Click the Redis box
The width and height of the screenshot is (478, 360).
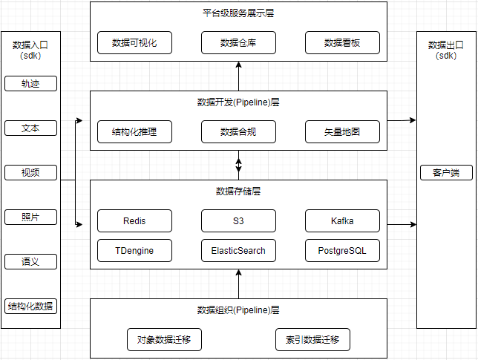(x=134, y=220)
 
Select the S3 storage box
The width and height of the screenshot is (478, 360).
(x=238, y=220)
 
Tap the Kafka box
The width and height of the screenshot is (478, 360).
(x=342, y=220)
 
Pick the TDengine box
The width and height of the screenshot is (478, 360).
(x=134, y=250)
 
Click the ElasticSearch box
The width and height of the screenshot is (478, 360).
(x=238, y=250)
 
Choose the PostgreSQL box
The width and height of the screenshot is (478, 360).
(x=342, y=250)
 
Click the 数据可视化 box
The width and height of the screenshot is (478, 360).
(x=134, y=43)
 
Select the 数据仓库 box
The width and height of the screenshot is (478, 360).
(x=238, y=43)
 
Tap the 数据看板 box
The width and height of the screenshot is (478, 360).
(x=342, y=43)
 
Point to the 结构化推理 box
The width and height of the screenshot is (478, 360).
(x=134, y=132)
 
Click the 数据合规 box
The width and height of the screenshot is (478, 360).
(x=238, y=132)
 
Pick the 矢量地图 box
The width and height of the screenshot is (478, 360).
(x=342, y=132)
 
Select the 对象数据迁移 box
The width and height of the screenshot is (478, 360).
(x=164, y=340)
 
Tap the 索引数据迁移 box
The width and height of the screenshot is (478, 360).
(x=312, y=340)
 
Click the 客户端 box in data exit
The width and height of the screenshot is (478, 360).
(x=446, y=173)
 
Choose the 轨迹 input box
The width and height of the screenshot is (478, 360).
(x=30, y=83)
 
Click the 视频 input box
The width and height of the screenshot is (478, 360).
(x=30, y=173)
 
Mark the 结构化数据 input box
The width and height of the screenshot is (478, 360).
(x=30, y=306)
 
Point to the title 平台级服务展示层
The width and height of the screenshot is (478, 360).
(x=238, y=13)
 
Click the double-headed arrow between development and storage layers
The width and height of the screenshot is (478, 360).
(x=238, y=165)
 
